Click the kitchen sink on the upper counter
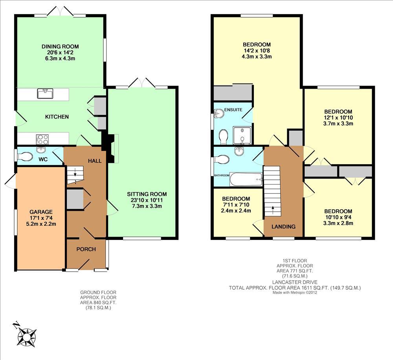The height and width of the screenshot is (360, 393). pyautogui.click(x=45, y=93)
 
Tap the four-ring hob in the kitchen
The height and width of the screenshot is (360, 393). pyautogui.click(x=42, y=139)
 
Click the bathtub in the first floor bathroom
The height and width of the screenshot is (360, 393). pyautogui.click(x=246, y=179)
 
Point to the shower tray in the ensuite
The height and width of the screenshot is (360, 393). pyautogui.click(x=242, y=135)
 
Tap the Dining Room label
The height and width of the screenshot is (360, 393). pyautogui.click(x=60, y=47)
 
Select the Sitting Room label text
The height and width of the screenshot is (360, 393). pyautogui.click(x=147, y=194)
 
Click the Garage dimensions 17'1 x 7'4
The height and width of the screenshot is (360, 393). pyautogui.click(x=41, y=218)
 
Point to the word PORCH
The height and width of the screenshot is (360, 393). pyautogui.click(x=86, y=249)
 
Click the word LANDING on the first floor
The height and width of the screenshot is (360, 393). pyautogui.click(x=283, y=227)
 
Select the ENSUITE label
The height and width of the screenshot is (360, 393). pyautogui.click(x=233, y=110)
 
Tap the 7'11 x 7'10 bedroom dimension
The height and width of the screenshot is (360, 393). pyautogui.click(x=236, y=205)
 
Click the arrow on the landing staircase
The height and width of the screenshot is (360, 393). pyautogui.click(x=273, y=210)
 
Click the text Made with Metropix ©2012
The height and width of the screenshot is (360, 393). pyautogui.click(x=295, y=292)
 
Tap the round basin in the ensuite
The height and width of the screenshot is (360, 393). pyautogui.click(x=219, y=113)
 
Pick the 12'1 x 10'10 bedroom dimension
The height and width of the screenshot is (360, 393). pyautogui.click(x=338, y=118)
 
